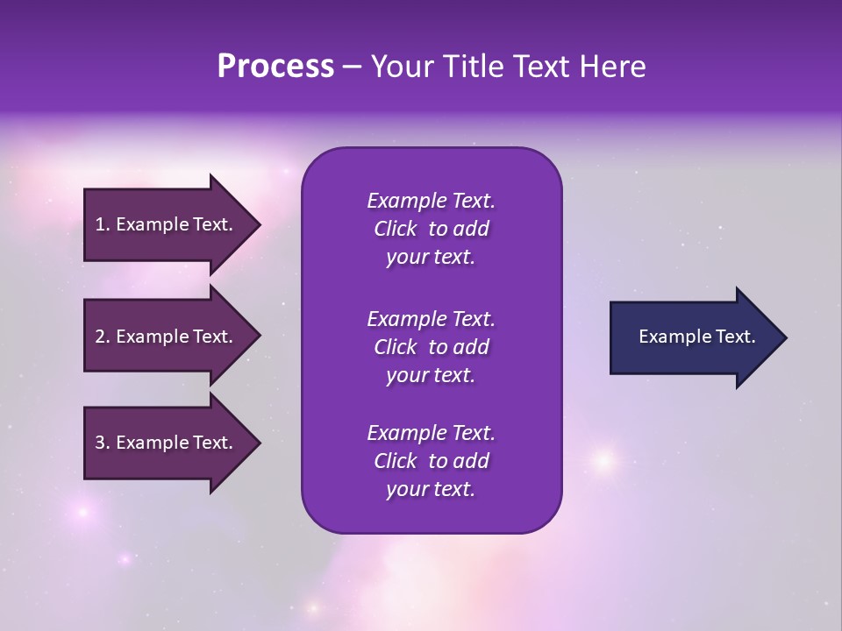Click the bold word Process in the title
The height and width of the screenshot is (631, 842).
pos(275,67)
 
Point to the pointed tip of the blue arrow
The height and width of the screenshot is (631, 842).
pos(784,337)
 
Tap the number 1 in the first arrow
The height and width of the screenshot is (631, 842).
pos(100,224)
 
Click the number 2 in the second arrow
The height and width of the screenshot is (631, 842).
pos(100,337)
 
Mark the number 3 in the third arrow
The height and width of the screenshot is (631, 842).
pos(100,443)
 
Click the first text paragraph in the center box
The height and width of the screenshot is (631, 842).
pos(431,229)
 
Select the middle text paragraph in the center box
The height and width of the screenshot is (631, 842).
pos(431,347)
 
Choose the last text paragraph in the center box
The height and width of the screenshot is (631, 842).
pos(431,461)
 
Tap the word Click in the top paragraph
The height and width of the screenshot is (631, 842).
pos(395,229)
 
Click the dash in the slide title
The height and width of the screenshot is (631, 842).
pos(352,67)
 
